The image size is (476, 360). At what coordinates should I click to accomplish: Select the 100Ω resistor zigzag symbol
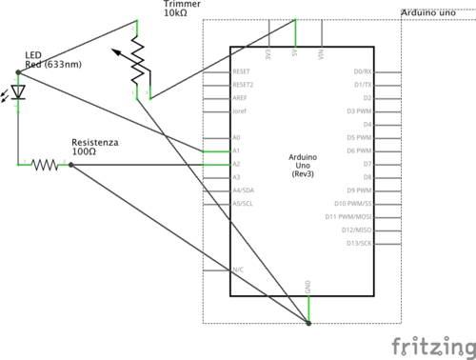tap(44, 165)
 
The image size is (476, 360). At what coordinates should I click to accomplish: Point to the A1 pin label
tap(237, 150)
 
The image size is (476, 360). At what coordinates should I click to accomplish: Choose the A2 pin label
tap(237, 164)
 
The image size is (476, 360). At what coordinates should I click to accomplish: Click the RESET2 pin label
tap(244, 84)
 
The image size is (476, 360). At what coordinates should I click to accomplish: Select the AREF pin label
tap(241, 97)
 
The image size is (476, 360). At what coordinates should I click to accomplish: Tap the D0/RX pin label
tap(362, 70)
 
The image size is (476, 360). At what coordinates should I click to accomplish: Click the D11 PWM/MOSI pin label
tap(351, 217)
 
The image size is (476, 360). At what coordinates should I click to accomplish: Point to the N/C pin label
tap(238, 270)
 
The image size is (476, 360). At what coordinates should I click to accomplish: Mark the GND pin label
tap(307, 286)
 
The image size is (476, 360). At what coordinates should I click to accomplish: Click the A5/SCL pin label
tap(243, 204)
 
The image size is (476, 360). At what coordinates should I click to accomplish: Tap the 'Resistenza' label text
tap(95, 142)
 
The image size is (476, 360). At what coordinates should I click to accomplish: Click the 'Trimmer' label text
tap(182, 5)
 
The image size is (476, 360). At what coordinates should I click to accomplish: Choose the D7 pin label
tap(367, 164)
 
